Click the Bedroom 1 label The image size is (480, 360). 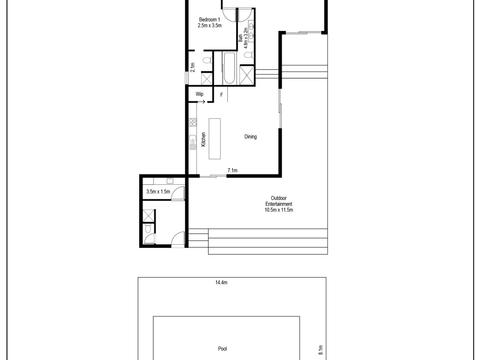[x=209, y=20]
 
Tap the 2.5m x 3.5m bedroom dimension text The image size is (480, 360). [x=209, y=27]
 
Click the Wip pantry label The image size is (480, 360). [x=200, y=95]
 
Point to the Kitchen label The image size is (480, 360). [x=203, y=140]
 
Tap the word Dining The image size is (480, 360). [x=251, y=137]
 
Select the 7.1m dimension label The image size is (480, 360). [x=232, y=171]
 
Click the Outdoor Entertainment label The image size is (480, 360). [x=281, y=202]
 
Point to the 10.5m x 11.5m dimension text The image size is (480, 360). [x=281, y=211]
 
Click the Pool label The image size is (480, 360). [x=222, y=350]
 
